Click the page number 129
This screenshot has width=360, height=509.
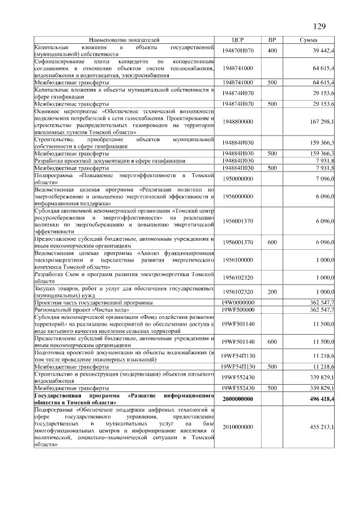coord(319,26)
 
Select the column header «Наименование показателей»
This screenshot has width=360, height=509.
coord(124,40)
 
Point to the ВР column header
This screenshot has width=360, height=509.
coord(272,40)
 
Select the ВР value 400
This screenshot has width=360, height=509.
coord(272,51)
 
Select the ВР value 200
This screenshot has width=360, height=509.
coord(272,292)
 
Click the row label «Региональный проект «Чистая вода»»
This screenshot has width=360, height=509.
coord(82,310)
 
